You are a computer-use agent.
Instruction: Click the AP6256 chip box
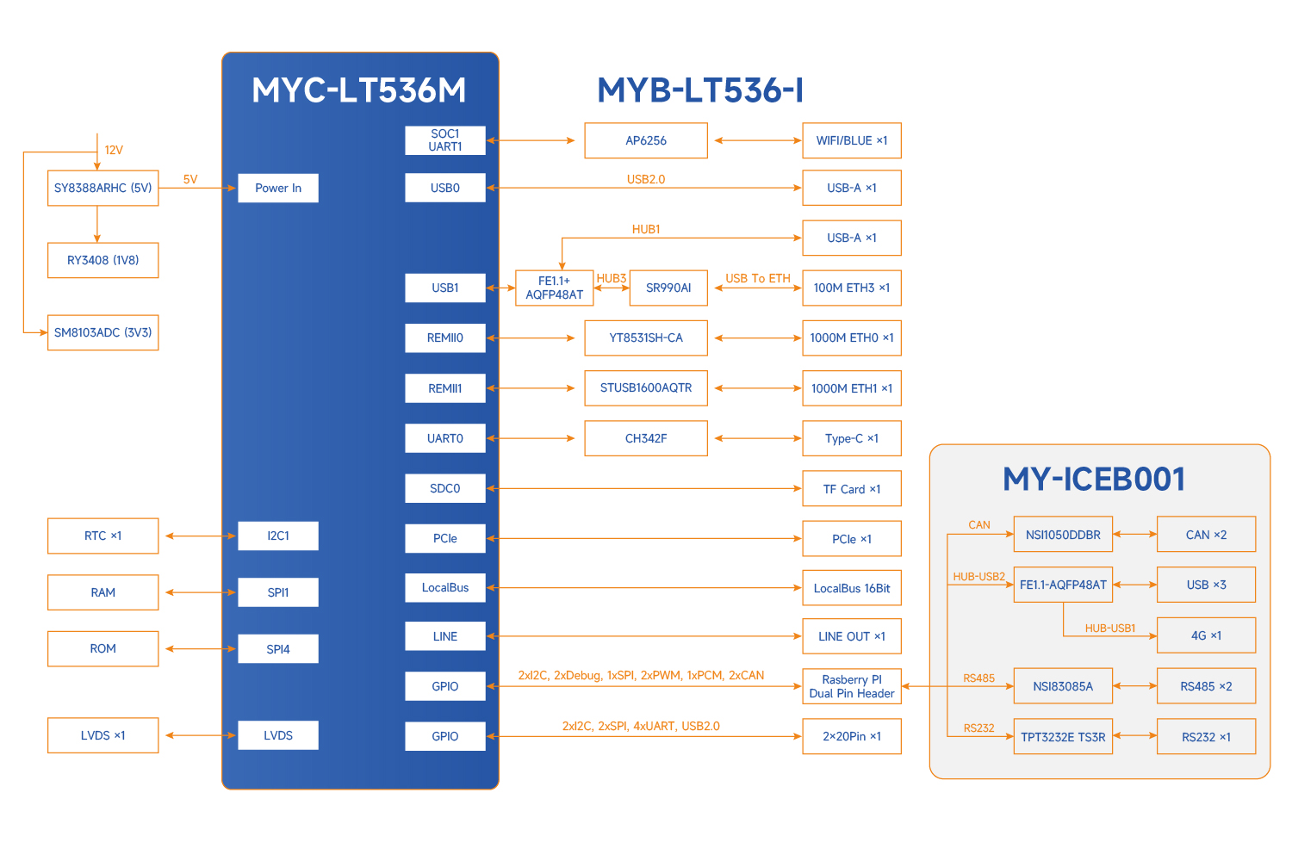646,140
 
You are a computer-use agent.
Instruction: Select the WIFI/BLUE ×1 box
852,140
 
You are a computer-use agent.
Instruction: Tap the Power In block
278,188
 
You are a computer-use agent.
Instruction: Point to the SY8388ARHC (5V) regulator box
103,188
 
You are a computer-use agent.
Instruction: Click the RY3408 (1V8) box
103,260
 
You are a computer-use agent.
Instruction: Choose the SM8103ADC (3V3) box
103,332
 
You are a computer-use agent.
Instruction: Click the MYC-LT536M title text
359,90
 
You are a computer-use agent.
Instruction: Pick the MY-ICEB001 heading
1094,480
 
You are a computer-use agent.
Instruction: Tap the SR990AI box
668,288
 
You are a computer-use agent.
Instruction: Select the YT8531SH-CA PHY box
646,338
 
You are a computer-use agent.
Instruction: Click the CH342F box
646,438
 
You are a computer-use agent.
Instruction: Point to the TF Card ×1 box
852,489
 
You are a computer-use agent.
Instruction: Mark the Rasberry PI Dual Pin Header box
852,686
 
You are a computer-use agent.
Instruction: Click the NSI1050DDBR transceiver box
1063,535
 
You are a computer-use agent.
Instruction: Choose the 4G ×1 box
1206,635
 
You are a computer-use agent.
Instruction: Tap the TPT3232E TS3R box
1063,737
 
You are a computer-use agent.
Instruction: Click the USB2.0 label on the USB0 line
646,179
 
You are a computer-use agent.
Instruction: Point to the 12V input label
114,150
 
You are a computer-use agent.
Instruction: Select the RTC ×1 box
103,536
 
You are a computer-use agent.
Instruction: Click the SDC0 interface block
445,488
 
